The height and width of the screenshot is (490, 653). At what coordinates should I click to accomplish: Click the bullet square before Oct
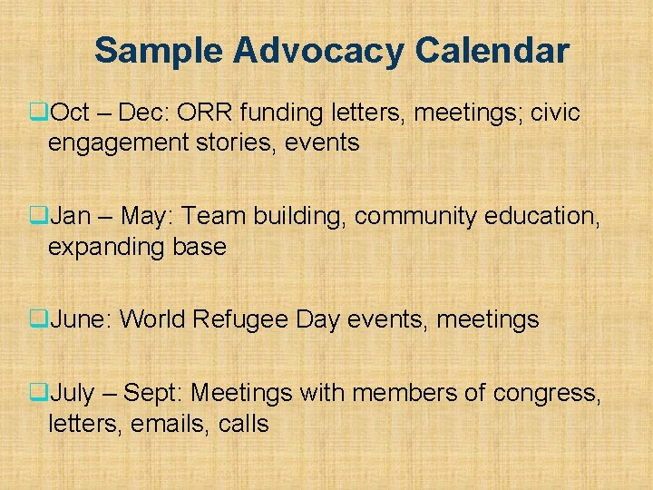pos(38,114)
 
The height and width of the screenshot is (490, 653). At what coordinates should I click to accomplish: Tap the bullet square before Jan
pos(38,217)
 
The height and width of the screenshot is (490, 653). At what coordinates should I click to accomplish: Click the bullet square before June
pos(38,319)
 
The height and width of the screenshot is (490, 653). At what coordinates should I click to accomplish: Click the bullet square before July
pos(38,394)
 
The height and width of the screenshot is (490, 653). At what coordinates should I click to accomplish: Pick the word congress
pos(546,394)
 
